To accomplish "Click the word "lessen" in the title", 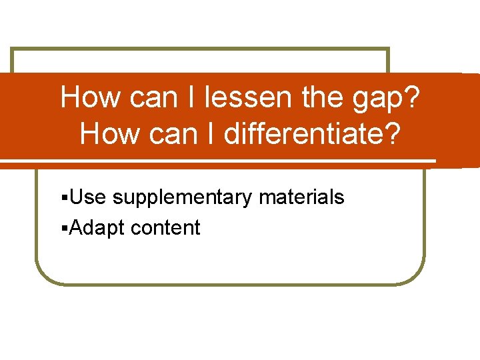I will (x=249, y=99).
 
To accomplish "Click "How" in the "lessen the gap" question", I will (x=90, y=99).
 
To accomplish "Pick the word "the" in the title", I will (x=320, y=99).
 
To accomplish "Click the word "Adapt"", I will (x=97, y=229).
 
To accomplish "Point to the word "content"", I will (x=166, y=228).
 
